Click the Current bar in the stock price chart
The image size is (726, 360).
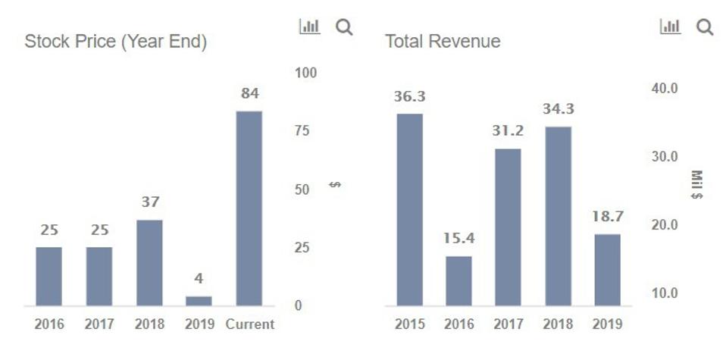click(249, 208)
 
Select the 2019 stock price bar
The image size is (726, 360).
click(199, 301)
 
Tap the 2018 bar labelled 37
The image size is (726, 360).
click(149, 262)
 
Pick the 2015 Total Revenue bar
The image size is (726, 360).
click(409, 209)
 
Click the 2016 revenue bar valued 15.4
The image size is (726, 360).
click(458, 280)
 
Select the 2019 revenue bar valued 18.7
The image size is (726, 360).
click(607, 270)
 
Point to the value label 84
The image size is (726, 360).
click(250, 94)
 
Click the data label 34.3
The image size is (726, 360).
click(559, 109)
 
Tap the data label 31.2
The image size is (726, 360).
click(508, 131)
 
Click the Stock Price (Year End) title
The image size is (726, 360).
click(115, 42)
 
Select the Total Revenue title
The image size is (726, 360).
click(443, 42)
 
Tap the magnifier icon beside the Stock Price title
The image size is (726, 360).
click(344, 27)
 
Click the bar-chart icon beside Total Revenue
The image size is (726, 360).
click(671, 27)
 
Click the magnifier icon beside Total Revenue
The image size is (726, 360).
click(705, 27)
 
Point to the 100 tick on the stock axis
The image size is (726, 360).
click(306, 74)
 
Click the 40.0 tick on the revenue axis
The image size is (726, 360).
click(665, 89)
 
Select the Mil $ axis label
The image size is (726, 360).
click(696, 185)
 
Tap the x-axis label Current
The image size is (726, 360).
click(250, 324)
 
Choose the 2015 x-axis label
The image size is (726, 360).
click(409, 324)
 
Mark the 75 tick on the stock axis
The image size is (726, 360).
click(302, 131)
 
